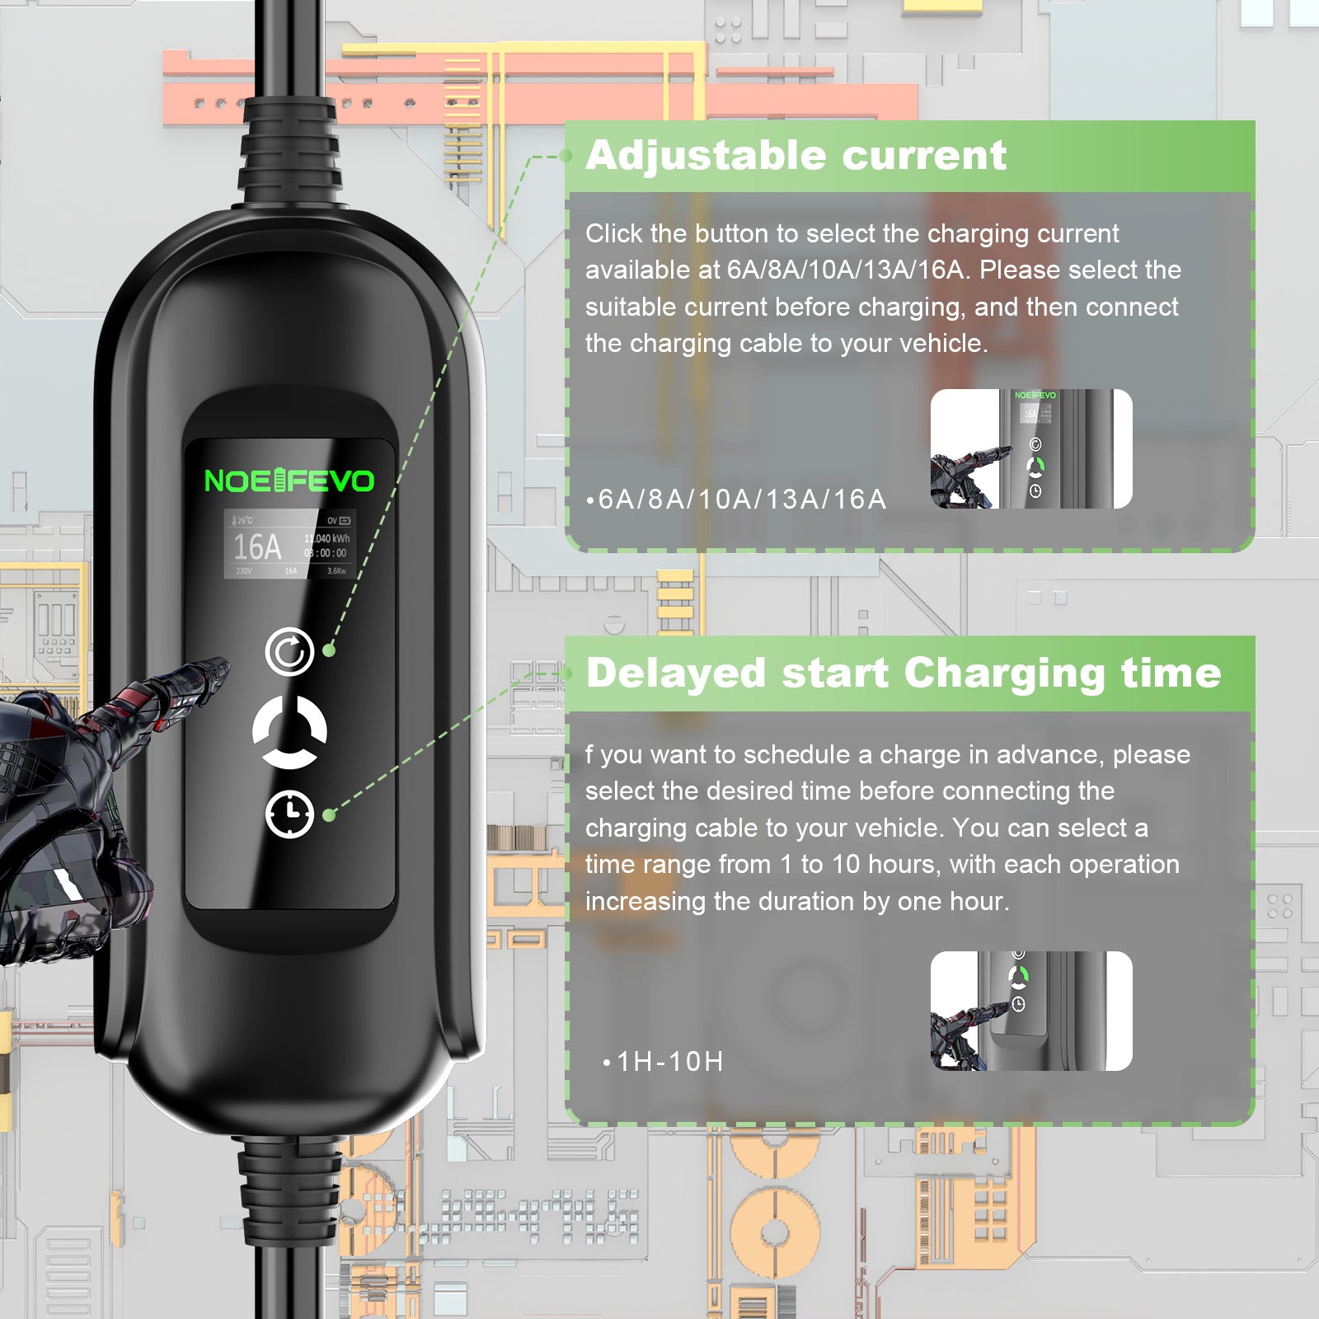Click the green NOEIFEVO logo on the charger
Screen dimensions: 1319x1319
(x=289, y=481)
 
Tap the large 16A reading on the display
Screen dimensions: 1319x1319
(x=257, y=547)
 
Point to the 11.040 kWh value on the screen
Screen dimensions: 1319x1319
(x=329, y=538)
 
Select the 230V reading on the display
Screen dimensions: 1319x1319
(x=244, y=570)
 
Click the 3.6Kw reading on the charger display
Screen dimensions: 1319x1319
(x=336, y=570)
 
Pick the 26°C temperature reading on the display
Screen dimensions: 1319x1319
(x=244, y=520)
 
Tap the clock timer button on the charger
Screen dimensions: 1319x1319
(x=289, y=814)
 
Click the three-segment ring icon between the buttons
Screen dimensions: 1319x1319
(x=289, y=732)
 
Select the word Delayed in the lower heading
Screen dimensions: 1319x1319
(x=676, y=673)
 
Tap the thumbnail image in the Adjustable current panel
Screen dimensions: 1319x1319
(x=1031, y=448)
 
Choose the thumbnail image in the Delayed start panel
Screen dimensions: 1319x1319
(x=1031, y=1011)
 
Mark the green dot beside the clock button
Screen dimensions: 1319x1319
(x=329, y=815)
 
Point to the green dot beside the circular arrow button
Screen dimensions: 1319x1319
(x=329, y=650)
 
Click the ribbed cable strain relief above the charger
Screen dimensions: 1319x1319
(x=290, y=153)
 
